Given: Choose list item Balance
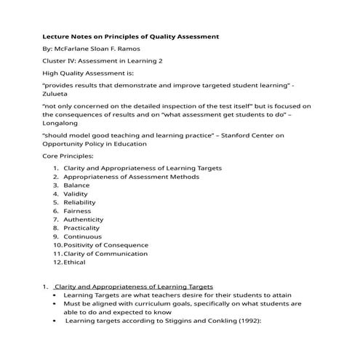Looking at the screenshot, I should click(76, 185).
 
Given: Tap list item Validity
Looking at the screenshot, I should click(76, 194).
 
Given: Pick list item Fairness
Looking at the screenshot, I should click(77, 211).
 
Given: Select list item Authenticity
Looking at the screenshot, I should click(83, 220).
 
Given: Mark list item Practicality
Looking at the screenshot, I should click(81, 228).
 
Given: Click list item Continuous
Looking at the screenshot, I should click(82, 236).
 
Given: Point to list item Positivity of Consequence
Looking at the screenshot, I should click(105, 245).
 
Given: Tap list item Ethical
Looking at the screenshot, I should click(74, 262).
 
